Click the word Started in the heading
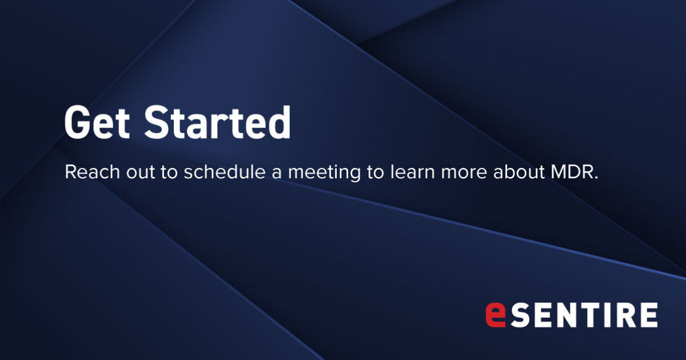point(217,123)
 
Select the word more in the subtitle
point(469,173)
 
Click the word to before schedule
point(169,173)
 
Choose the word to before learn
point(375,173)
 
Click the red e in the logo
point(495,315)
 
